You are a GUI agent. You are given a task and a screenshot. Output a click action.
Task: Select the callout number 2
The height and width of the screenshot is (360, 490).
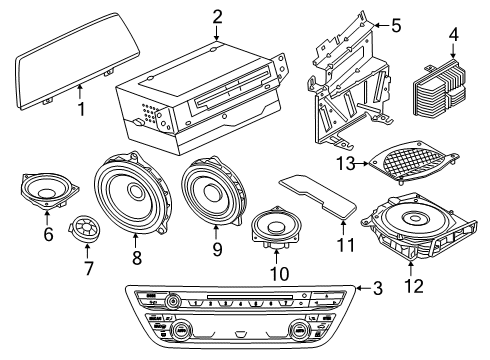(217, 15)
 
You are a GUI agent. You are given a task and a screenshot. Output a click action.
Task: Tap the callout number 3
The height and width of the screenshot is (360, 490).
(377, 290)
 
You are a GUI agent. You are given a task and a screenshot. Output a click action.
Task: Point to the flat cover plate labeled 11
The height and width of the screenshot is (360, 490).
(319, 193)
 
